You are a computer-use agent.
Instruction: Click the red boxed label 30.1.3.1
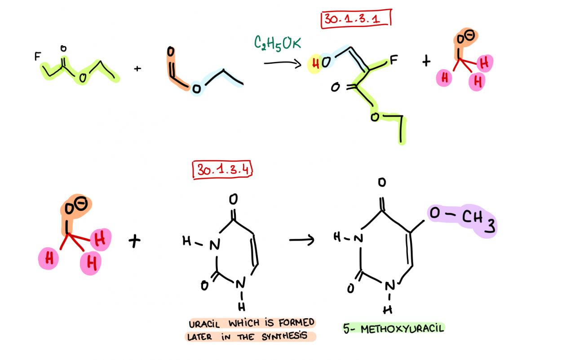click(356, 19)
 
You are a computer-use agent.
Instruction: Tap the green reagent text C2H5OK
click(278, 43)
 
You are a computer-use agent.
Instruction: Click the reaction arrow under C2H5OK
click(282, 63)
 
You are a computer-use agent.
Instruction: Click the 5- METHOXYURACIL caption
click(394, 328)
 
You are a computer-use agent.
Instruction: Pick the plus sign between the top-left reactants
click(137, 69)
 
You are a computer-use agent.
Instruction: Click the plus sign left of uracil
click(134, 241)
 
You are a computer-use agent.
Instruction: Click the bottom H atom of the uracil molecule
click(241, 307)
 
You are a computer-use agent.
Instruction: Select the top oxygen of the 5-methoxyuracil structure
click(381, 182)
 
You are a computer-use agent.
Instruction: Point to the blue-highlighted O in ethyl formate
click(196, 89)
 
